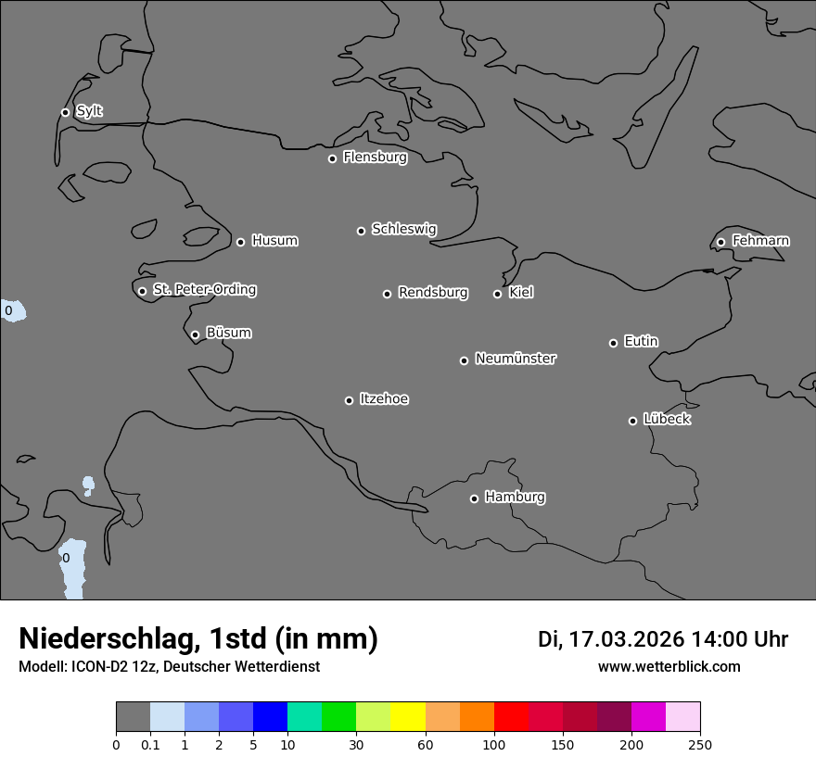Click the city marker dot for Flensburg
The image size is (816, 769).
(x=332, y=158)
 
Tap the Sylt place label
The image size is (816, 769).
(x=89, y=111)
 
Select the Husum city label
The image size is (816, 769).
(x=274, y=241)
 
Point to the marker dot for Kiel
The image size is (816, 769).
(x=497, y=294)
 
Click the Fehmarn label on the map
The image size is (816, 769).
(x=760, y=241)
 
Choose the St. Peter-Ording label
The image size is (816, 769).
(x=204, y=290)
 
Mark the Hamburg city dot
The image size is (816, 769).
(x=474, y=498)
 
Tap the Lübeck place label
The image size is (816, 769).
(x=667, y=420)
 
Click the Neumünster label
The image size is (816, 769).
(x=516, y=359)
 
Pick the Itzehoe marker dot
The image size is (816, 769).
(x=349, y=400)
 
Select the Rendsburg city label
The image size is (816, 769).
(x=433, y=293)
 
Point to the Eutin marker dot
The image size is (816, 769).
(x=613, y=343)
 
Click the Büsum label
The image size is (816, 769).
(x=228, y=333)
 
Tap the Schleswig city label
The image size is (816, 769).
(x=404, y=229)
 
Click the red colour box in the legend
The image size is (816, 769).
(x=511, y=717)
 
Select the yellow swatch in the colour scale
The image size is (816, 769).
(x=408, y=717)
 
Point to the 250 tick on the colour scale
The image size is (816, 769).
(x=700, y=744)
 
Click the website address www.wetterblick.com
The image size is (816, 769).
(x=669, y=667)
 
